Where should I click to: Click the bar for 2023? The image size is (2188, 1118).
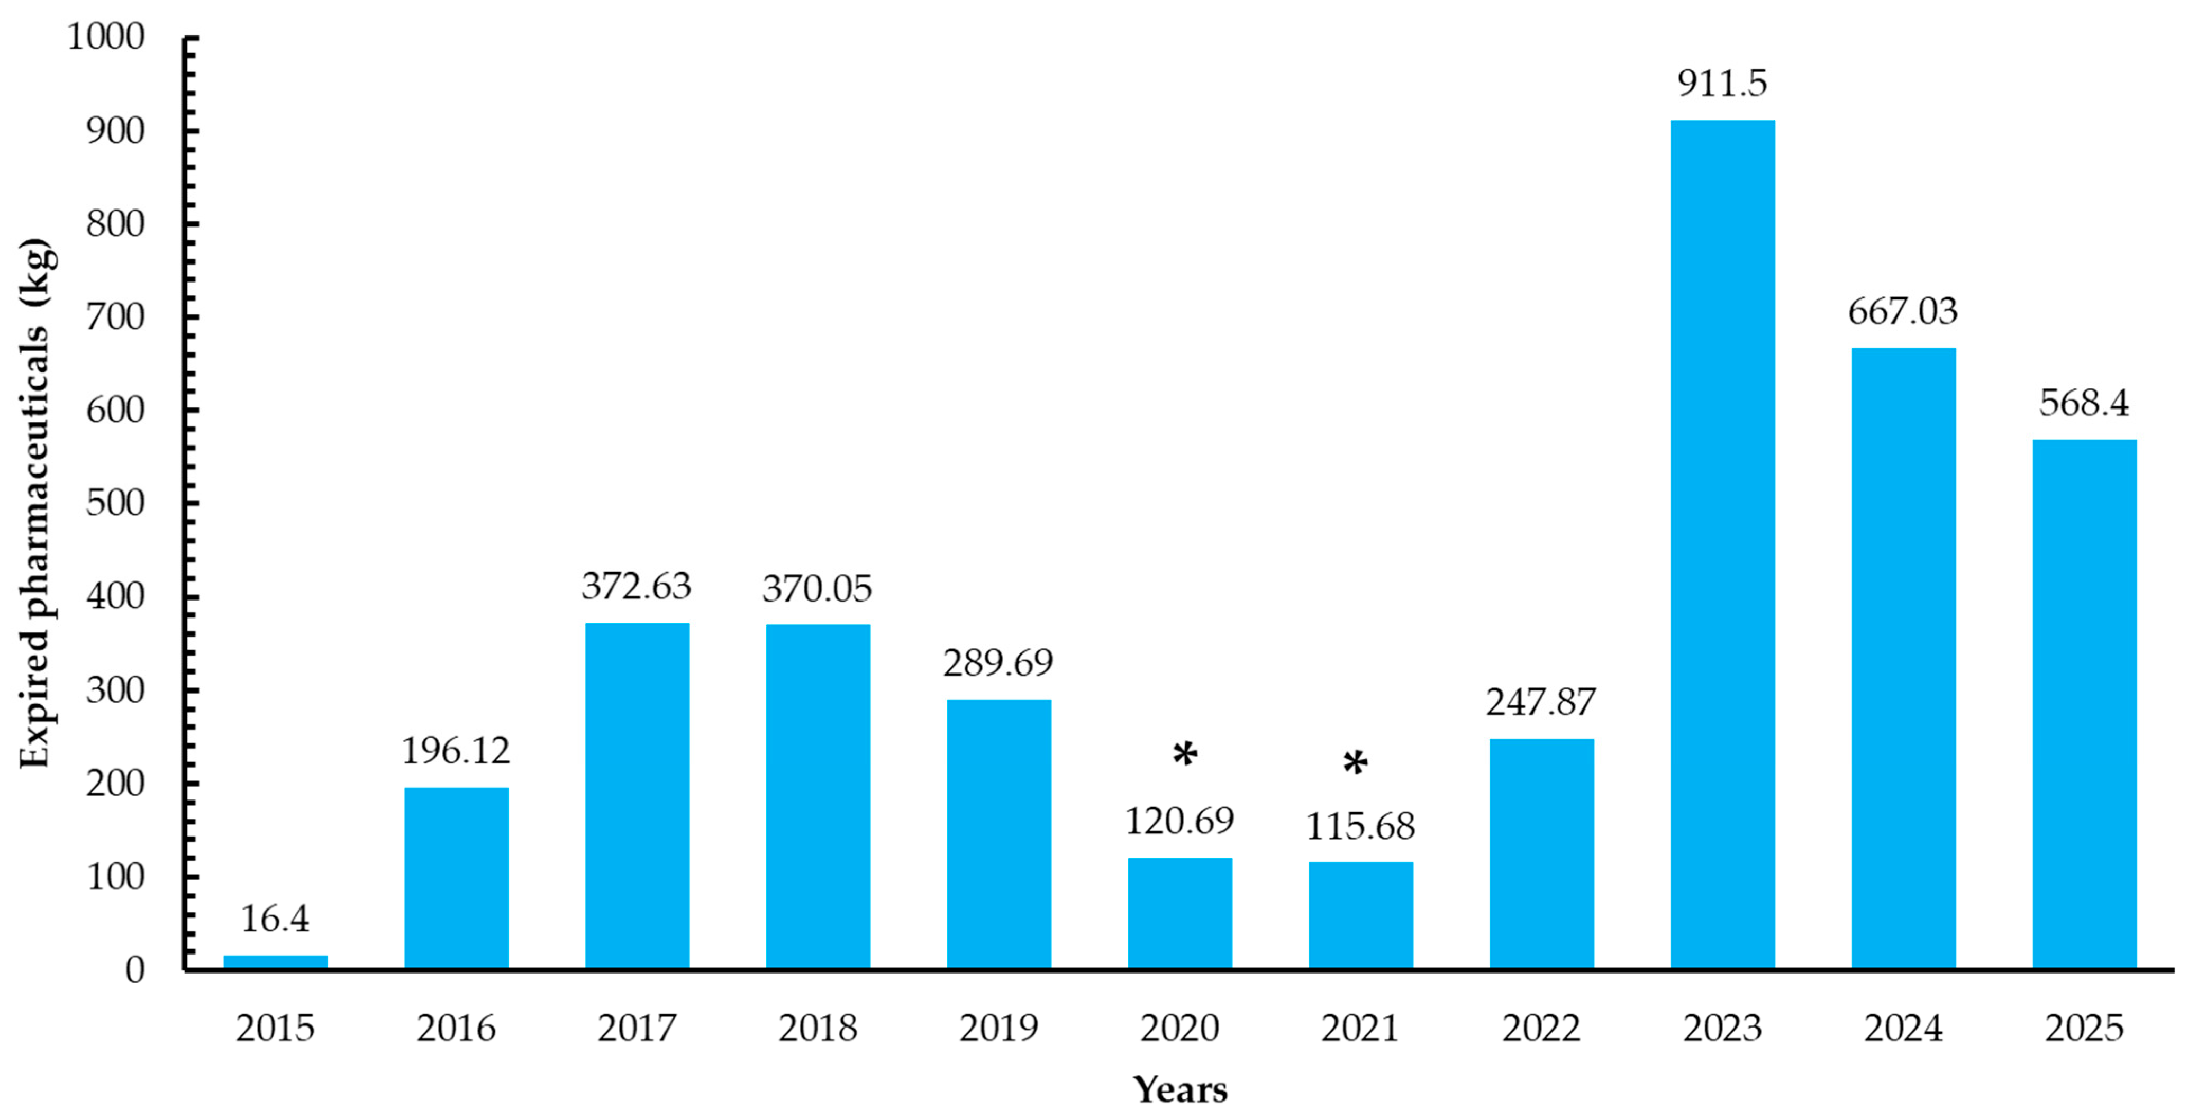coord(1722,544)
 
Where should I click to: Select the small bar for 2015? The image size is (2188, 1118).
coord(275,962)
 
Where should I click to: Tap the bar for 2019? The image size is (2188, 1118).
coord(999,834)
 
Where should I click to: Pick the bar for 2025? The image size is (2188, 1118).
coord(2084,704)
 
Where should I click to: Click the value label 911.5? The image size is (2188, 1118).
coord(1722,83)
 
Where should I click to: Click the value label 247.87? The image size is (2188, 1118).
coord(1541,702)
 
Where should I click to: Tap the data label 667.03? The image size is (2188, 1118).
coord(1903,311)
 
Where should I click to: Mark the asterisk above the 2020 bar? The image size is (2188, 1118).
coord(1185,753)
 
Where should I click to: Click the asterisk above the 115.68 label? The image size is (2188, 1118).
coord(1356,763)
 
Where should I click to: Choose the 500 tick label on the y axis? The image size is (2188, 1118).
coord(115,503)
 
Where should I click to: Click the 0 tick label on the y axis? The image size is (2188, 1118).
coord(135,969)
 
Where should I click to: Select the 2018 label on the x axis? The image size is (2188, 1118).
coord(818,1028)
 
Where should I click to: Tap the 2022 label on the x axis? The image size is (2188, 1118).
coord(1541,1028)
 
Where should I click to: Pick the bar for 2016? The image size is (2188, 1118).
coord(456,878)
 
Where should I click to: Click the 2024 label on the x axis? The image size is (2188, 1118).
coord(1903,1028)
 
